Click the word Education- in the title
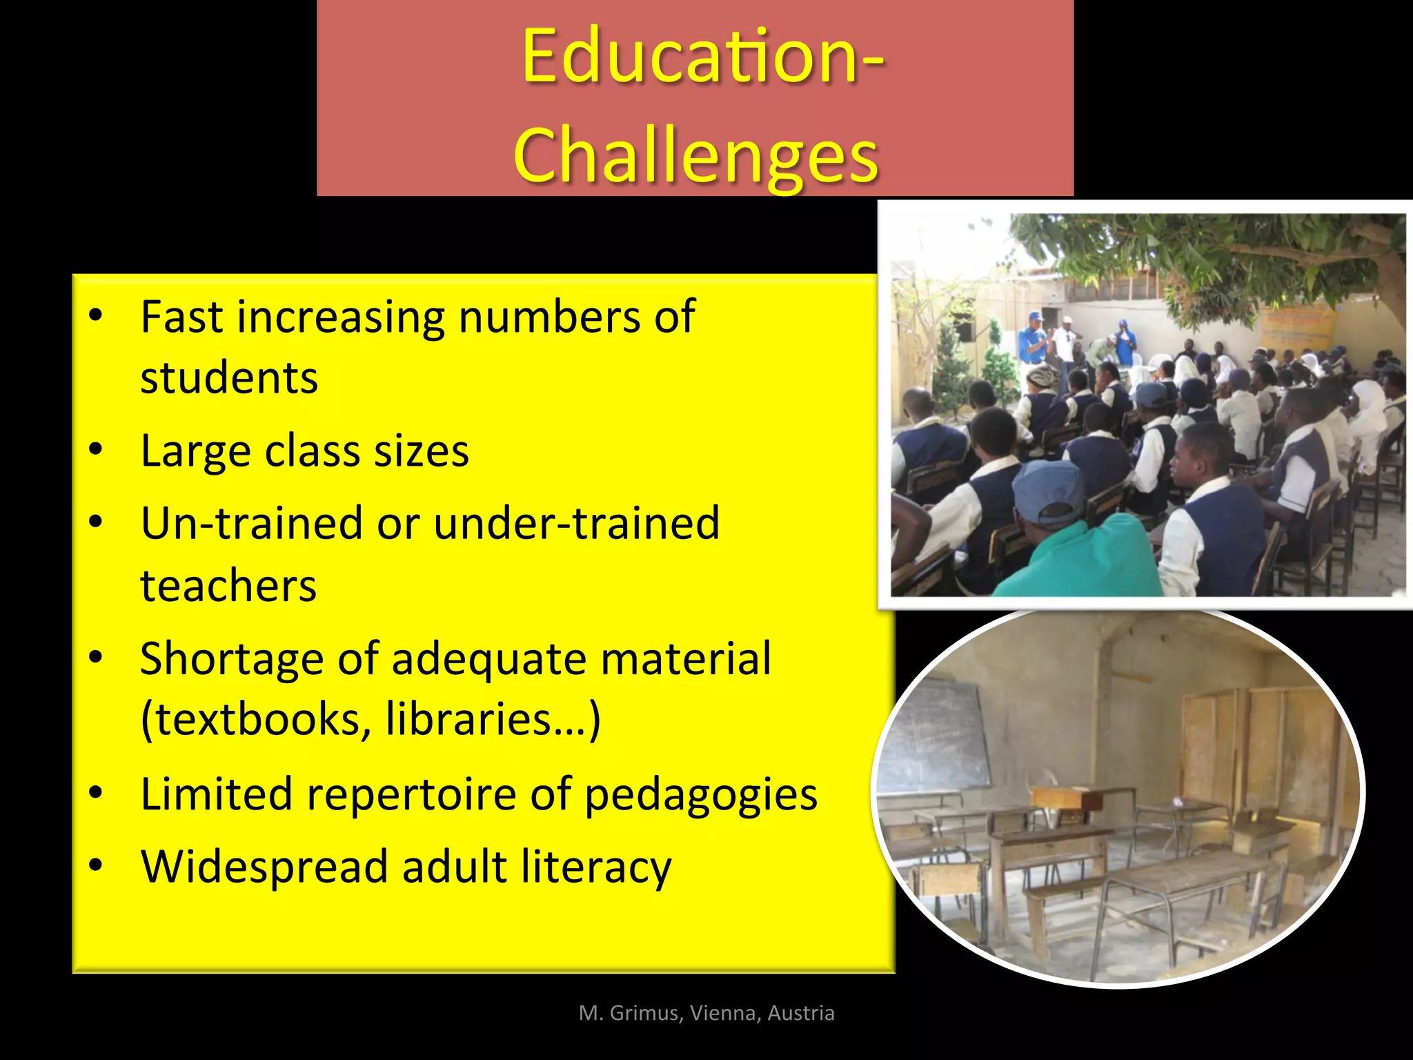click(x=702, y=57)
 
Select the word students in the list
click(x=229, y=378)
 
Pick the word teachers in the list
click(x=228, y=586)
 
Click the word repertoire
click(x=411, y=794)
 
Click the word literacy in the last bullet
click(x=595, y=868)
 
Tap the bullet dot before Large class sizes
click(x=96, y=450)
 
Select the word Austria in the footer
click(x=801, y=1013)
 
